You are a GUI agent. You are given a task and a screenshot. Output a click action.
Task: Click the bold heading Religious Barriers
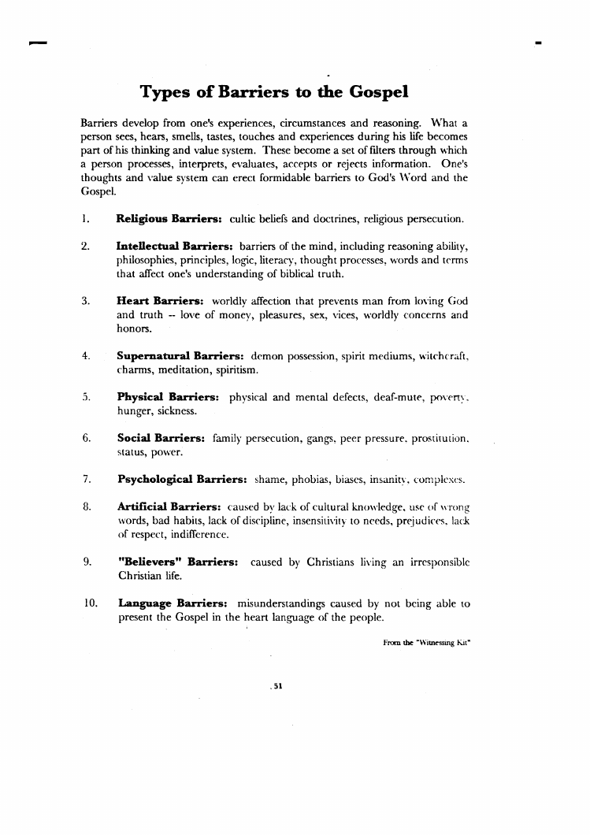tap(169, 217)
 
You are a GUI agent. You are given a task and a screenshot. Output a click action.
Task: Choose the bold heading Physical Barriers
tap(168, 397)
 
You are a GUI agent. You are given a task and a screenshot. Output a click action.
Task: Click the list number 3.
tap(84, 301)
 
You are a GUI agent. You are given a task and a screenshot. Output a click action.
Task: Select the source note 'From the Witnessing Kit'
tap(426, 643)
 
